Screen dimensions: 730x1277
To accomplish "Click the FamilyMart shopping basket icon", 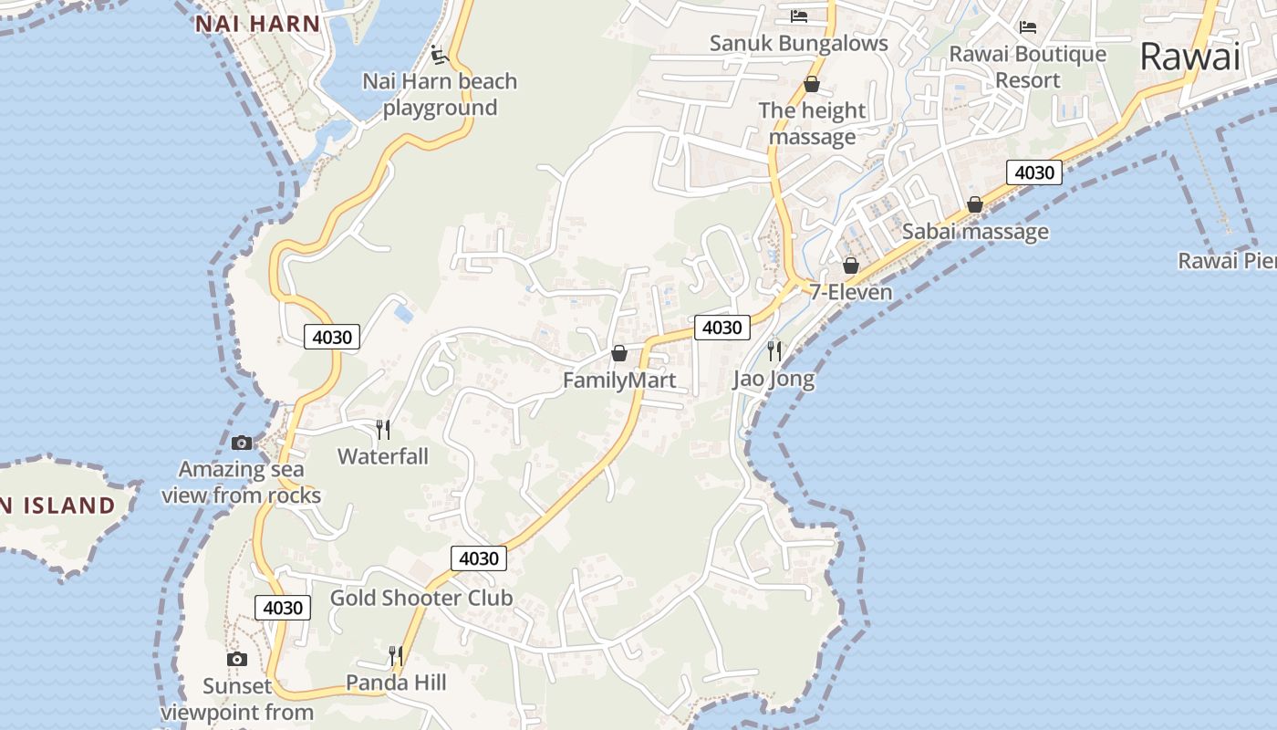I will point(619,353).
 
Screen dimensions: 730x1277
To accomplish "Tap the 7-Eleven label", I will point(851,292).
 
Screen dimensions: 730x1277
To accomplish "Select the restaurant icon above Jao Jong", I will point(774,350).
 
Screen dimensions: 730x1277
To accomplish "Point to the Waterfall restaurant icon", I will point(383,429).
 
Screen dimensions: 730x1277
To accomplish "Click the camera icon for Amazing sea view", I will point(242,443).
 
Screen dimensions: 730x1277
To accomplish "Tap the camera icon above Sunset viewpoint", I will point(236,659).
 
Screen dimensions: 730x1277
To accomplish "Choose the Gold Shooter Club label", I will point(421,598).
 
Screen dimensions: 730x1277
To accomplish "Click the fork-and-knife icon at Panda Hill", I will point(395,655).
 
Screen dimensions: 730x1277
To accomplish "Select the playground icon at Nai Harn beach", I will point(441,55).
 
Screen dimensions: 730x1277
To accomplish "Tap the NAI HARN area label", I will point(258,25).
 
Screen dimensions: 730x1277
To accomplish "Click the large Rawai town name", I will point(1190,57).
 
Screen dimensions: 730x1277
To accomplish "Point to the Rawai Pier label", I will point(1227,261).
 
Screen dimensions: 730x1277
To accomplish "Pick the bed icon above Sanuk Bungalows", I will point(799,16).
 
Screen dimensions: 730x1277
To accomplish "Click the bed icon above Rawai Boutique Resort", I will point(1028,26).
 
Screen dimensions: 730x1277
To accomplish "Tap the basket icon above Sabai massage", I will point(975,204).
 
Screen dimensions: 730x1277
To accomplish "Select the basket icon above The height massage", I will point(812,85).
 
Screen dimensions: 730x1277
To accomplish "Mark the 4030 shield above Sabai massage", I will point(1034,172).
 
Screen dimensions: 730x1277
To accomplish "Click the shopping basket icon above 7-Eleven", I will point(851,266).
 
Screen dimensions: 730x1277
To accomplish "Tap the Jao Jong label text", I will point(773,379).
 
